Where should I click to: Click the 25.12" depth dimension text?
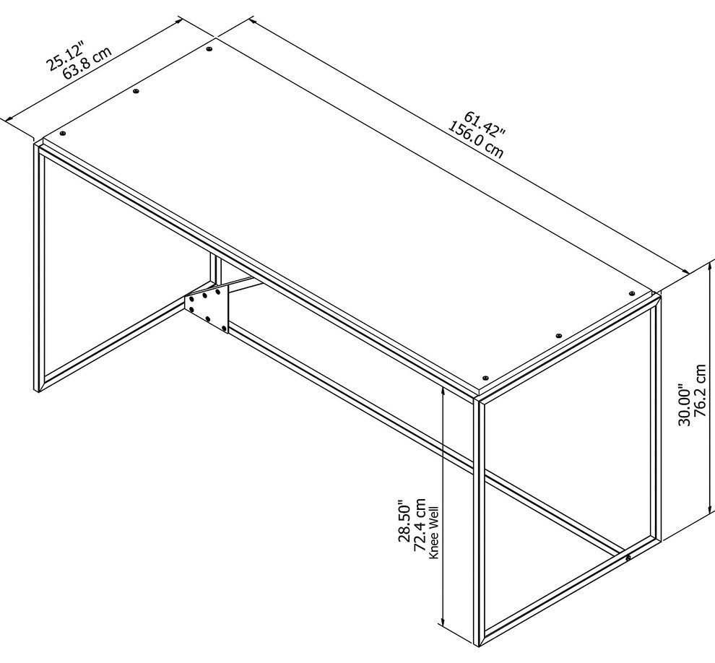(66, 56)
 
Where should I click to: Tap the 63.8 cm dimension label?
(87, 64)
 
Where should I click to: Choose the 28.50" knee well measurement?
(404, 520)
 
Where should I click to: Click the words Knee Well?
(433, 532)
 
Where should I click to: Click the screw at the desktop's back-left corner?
(209, 48)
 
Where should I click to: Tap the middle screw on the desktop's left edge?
(136, 91)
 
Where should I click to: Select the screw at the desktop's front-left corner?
(62, 134)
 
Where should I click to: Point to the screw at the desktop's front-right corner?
(485, 378)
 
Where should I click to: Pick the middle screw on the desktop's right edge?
(558, 336)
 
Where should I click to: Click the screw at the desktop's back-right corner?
(632, 294)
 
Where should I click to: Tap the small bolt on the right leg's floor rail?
(628, 558)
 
